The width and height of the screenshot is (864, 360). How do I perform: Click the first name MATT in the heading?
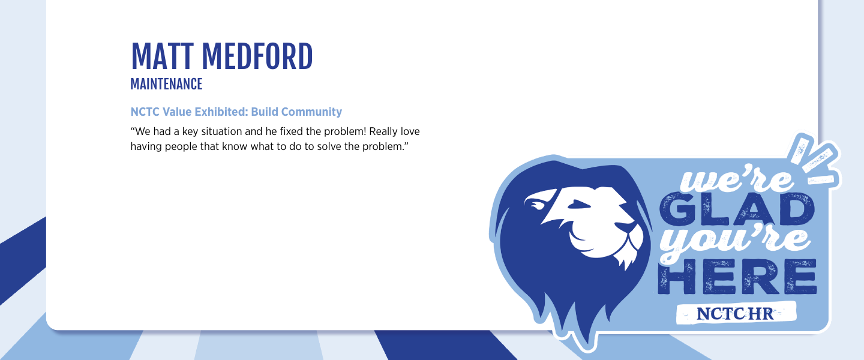pyautogui.click(x=161, y=56)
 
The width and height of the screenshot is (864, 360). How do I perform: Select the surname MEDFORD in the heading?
pyautogui.click(x=257, y=56)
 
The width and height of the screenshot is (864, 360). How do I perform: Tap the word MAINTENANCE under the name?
pyautogui.click(x=166, y=84)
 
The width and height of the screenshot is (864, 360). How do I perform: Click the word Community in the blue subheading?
pyautogui.click(x=311, y=112)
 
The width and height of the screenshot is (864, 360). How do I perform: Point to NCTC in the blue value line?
pyautogui.click(x=145, y=112)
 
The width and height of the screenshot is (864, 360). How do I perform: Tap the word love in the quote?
pyautogui.click(x=410, y=131)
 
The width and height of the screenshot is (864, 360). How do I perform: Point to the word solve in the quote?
pyautogui.click(x=329, y=146)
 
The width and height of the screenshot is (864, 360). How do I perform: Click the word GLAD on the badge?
pyautogui.click(x=736, y=209)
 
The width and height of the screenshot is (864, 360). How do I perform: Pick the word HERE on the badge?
pyautogui.click(x=737, y=277)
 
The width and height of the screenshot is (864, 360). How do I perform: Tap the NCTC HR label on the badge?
pyautogui.click(x=736, y=314)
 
